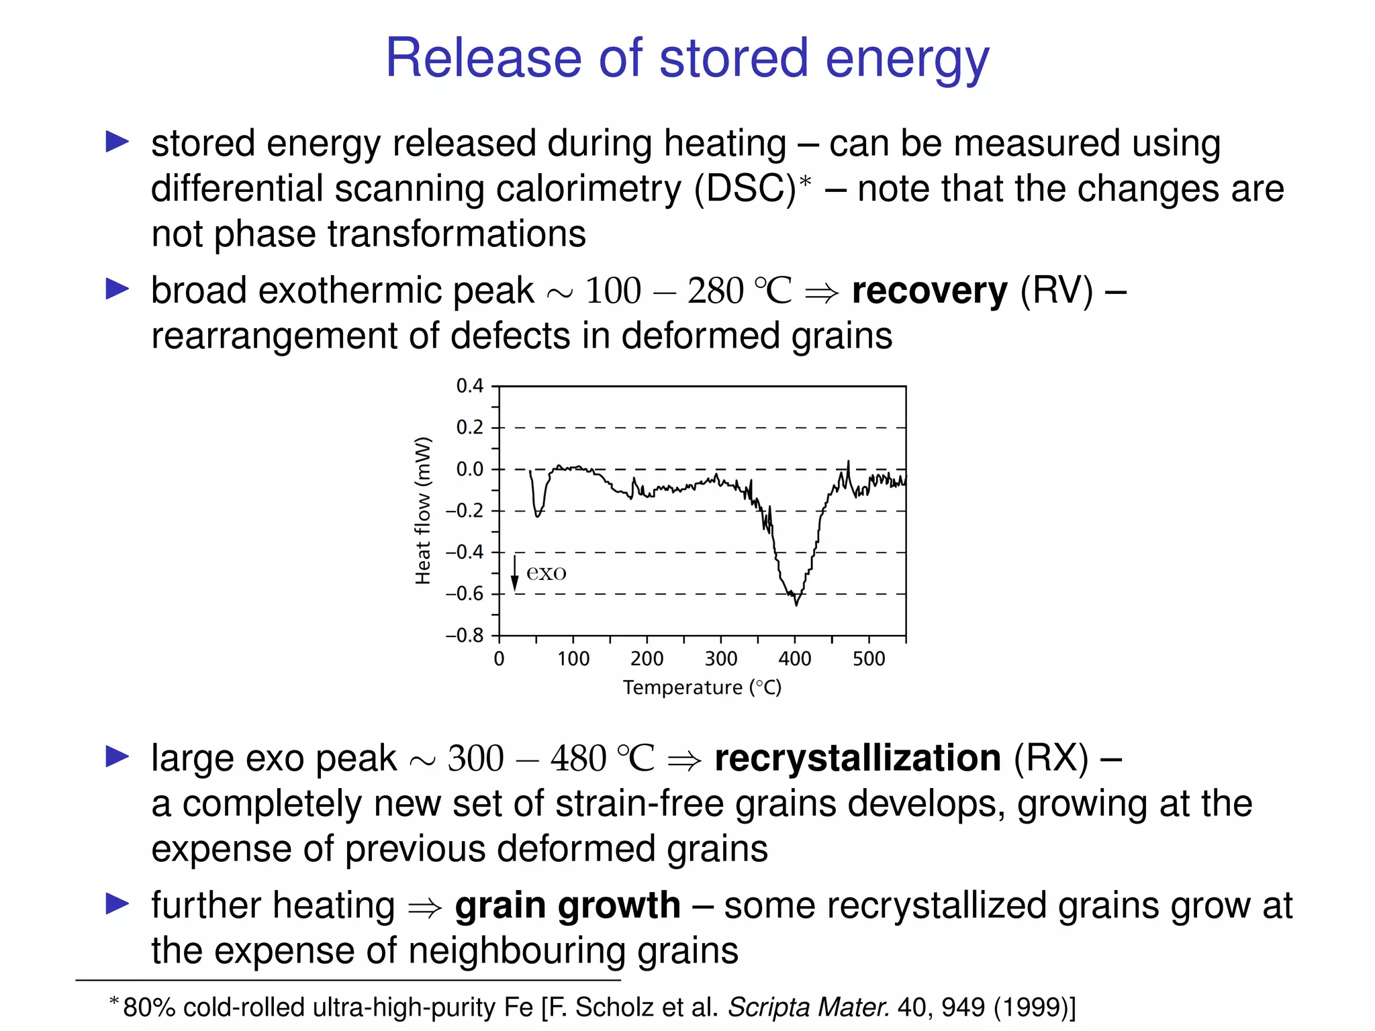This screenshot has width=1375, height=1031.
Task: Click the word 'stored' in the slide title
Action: click(733, 59)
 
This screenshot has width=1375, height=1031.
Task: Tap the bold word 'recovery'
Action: click(929, 291)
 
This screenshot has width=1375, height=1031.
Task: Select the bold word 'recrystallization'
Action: click(857, 758)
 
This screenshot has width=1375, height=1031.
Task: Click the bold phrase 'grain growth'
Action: click(567, 905)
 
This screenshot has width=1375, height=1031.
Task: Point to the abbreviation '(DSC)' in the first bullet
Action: click(745, 189)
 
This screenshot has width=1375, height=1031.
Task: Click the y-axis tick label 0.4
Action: click(469, 386)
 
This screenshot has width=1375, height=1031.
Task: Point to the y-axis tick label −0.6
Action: click(465, 594)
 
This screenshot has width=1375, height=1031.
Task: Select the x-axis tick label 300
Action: click(720, 659)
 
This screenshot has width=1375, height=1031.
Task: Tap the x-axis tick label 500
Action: click(869, 659)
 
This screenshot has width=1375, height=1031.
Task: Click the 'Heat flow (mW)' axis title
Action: click(422, 511)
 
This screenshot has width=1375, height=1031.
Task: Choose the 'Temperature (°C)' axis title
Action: click(702, 688)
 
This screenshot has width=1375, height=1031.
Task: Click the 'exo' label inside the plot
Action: click(546, 573)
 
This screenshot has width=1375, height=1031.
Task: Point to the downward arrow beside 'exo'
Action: click(515, 574)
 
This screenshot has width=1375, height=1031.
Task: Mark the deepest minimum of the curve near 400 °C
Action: click(796, 604)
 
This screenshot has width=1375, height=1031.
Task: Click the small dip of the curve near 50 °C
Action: click(537, 515)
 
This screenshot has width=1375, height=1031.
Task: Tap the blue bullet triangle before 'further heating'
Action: click(117, 904)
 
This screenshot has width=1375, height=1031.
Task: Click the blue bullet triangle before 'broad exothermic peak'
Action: click(117, 289)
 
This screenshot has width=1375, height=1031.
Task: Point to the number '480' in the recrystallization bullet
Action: click(578, 759)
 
